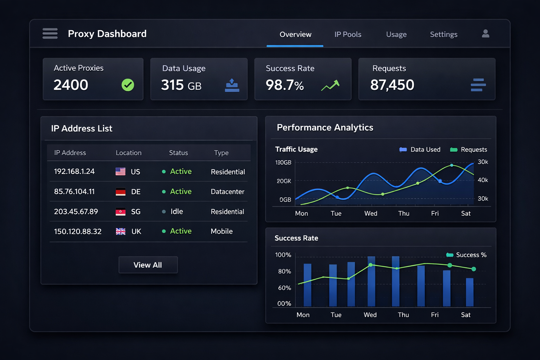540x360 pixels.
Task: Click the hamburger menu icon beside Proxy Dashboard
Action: click(x=50, y=34)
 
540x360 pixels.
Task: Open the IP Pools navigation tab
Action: click(x=348, y=34)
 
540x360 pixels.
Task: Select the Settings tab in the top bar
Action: click(x=443, y=34)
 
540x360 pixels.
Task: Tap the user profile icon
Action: click(x=486, y=34)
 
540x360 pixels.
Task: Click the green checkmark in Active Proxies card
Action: click(x=128, y=85)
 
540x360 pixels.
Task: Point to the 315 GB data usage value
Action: click(x=181, y=85)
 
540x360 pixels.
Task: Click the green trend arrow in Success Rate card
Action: click(x=330, y=85)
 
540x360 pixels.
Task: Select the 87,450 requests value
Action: click(x=392, y=85)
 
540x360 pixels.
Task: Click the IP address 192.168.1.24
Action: click(x=74, y=172)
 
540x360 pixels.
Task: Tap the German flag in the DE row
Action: click(x=121, y=192)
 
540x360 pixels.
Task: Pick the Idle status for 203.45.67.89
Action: click(x=176, y=212)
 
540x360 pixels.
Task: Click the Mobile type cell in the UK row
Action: click(x=221, y=231)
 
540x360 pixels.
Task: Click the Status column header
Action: click(x=178, y=153)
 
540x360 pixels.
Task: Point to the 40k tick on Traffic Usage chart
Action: click(x=483, y=180)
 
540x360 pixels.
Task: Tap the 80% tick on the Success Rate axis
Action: click(x=284, y=271)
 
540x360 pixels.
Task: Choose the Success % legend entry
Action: click(x=467, y=255)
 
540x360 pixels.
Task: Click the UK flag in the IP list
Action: click(x=121, y=231)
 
